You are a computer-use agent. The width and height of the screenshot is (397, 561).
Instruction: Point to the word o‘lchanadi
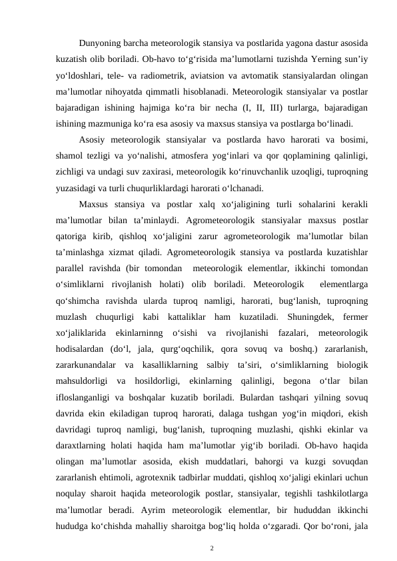[x=247, y=188]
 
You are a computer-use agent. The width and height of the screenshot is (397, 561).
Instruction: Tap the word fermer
[x=356, y=314]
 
